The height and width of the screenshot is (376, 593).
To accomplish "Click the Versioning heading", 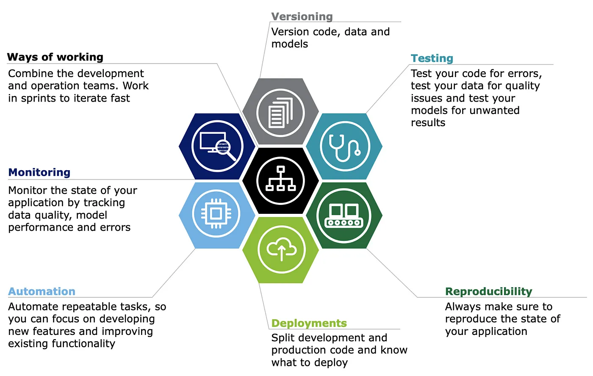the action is point(302,17).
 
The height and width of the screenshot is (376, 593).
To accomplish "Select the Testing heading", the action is point(432,58).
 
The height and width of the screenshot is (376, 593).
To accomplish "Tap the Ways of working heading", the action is point(55,57).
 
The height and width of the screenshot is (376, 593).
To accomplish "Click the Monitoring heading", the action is point(39,172).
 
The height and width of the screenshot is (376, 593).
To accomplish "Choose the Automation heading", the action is point(42,291).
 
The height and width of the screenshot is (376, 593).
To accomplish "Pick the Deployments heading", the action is point(309,323).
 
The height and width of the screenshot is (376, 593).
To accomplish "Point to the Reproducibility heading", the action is point(488,292).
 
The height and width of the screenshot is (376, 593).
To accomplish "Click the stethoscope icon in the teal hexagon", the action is point(344,148).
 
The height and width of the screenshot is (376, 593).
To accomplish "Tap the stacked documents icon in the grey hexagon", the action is point(280,113).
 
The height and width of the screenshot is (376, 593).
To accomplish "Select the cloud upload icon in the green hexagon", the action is point(281,249).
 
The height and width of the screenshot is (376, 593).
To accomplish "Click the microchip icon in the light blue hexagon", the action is point(216,213).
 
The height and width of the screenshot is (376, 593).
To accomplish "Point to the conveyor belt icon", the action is point(344,216).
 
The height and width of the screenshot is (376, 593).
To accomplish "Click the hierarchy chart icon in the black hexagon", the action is point(280,178).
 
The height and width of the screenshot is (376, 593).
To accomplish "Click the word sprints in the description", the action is point(38,98).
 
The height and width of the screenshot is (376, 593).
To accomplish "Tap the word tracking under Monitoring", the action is point(104,203).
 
